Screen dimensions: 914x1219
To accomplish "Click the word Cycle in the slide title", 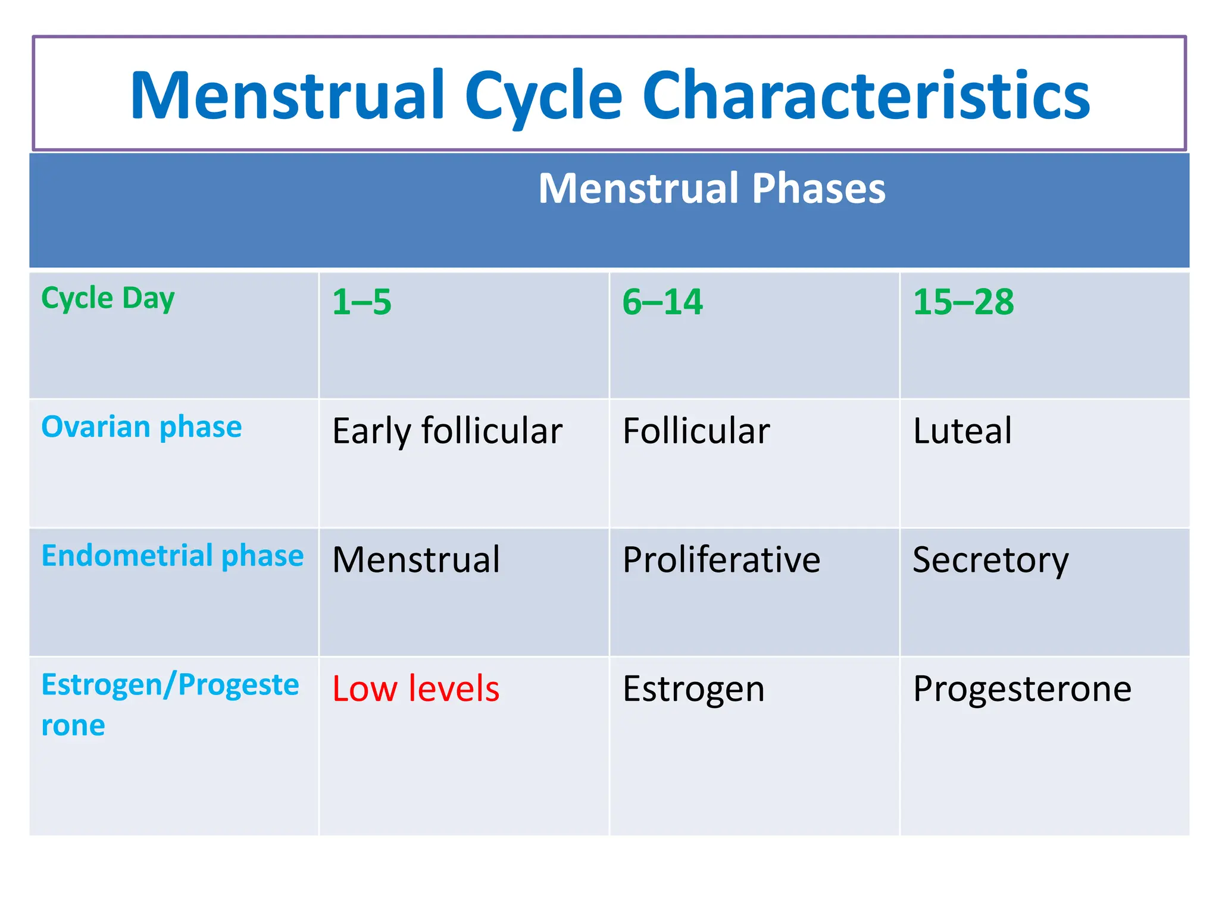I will click(543, 95).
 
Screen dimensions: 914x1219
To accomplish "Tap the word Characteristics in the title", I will click(866, 95).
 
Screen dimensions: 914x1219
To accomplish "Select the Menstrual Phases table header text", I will click(711, 189).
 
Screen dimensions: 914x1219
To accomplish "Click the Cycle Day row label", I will click(108, 298).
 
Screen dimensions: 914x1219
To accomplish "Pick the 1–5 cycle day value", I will click(361, 302).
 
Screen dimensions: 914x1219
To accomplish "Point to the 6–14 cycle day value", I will click(662, 302).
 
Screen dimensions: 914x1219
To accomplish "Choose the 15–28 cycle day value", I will click(963, 302).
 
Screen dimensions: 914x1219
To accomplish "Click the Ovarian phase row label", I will click(141, 427).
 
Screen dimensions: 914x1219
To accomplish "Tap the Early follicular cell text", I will click(447, 431).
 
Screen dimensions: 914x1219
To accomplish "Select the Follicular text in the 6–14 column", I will click(696, 431).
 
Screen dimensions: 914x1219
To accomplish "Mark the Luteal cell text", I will click(962, 431).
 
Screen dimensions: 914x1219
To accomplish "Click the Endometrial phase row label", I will click(172, 556).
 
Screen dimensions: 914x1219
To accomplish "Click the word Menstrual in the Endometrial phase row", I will click(416, 560).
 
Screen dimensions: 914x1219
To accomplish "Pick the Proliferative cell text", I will click(721, 560).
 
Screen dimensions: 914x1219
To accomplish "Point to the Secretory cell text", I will click(990, 560).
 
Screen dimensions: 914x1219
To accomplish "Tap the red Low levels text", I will click(415, 689).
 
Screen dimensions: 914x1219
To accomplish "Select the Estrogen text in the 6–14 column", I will click(693, 689).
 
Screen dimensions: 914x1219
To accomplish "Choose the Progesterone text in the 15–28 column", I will click(1022, 689).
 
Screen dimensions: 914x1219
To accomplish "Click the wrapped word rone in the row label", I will click(73, 726).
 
